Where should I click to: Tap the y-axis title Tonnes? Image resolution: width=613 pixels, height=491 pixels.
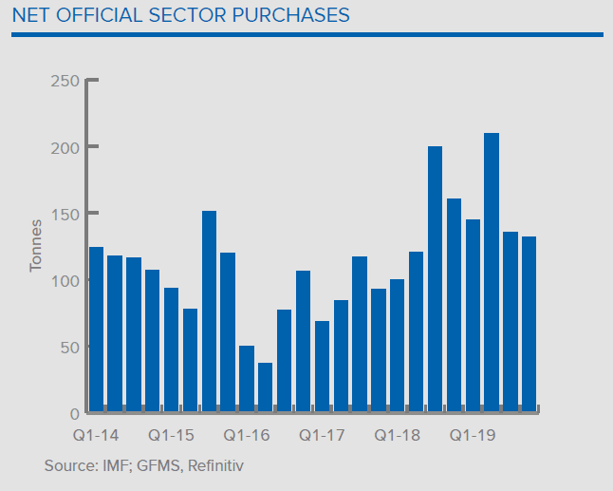(36, 246)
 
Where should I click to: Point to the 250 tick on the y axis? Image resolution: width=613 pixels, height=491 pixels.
(64, 81)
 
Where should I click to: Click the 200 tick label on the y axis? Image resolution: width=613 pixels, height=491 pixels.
(64, 147)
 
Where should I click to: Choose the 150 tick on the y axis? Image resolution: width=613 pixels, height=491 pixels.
(64, 214)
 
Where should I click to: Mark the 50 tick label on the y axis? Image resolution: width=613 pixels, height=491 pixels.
(67, 347)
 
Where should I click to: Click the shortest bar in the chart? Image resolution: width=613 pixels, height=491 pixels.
(265, 387)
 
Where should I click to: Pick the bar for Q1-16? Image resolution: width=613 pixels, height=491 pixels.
(246, 379)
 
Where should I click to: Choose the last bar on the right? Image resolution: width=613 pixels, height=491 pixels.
(529, 324)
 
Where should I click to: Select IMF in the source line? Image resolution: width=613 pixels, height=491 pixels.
(112, 466)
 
